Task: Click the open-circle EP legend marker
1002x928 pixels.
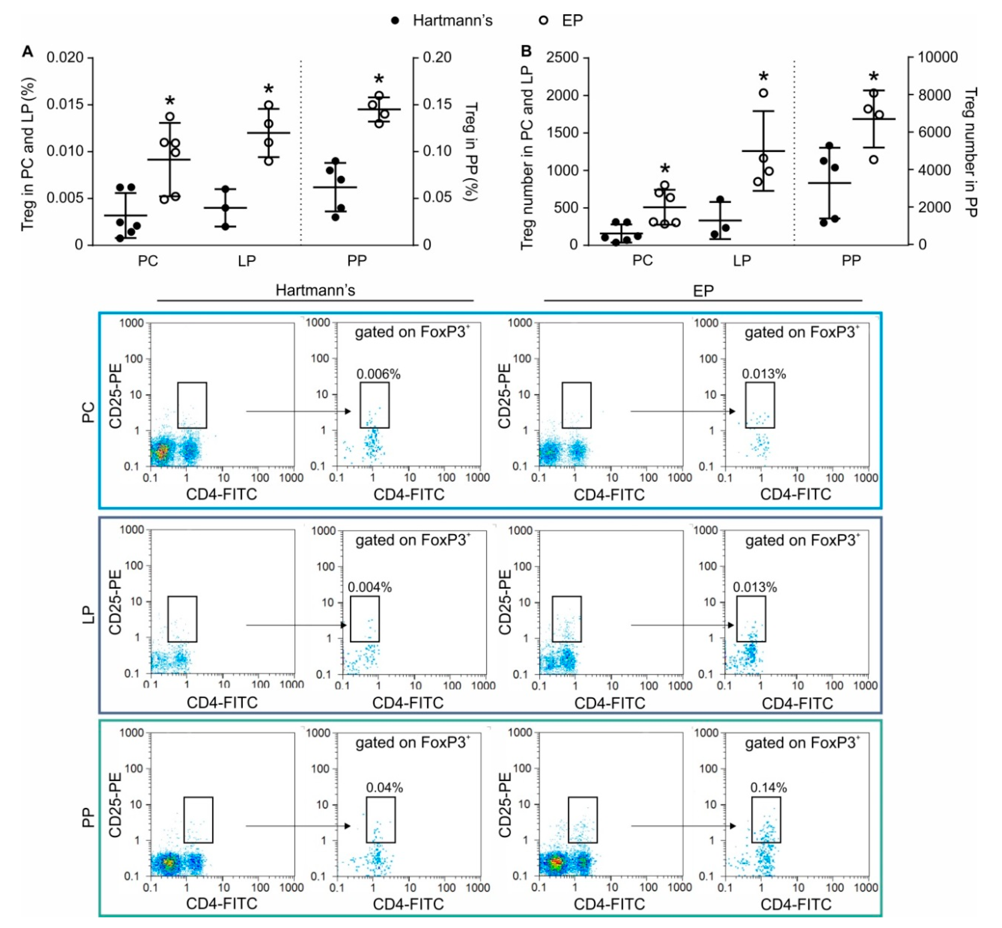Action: tap(544, 20)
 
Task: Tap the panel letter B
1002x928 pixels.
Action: tap(526, 51)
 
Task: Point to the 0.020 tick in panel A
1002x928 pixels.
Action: tap(65, 58)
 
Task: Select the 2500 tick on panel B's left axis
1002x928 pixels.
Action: tap(562, 58)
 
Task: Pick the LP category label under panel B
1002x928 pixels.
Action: tap(742, 261)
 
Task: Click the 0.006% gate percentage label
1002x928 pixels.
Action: tap(378, 374)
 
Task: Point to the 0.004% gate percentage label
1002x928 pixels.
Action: tap(370, 587)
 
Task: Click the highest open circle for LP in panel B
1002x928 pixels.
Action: tap(763, 93)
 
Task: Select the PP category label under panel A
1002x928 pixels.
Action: tap(357, 261)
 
